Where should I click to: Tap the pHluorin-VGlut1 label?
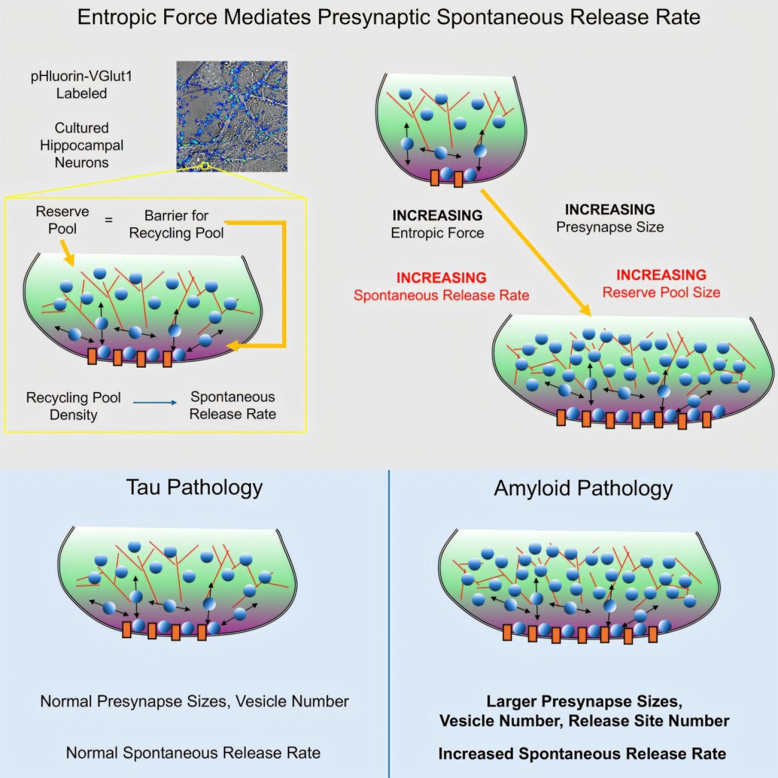pyautogui.click(x=82, y=76)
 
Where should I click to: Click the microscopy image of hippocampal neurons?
pyautogui.click(x=231, y=116)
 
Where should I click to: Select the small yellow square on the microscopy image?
pyautogui.click(x=205, y=166)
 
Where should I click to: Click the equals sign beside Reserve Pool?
pyautogui.click(x=108, y=220)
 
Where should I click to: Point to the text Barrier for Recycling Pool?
pyautogui.click(x=176, y=224)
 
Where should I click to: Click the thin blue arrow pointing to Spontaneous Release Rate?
pyautogui.click(x=155, y=403)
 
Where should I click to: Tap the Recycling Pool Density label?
pyautogui.click(x=73, y=406)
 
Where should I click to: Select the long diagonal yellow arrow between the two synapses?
pyautogui.click(x=535, y=252)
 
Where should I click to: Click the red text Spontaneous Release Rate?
pyautogui.click(x=441, y=295)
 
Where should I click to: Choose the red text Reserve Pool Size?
pyautogui.click(x=661, y=292)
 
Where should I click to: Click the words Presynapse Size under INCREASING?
pyautogui.click(x=610, y=227)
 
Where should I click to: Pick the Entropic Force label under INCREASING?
pyautogui.click(x=437, y=233)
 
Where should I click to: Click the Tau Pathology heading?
pyautogui.click(x=194, y=488)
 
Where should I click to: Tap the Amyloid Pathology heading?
pyautogui.click(x=583, y=489)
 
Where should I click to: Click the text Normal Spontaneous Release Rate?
pyautogui.click(x=193, y=753)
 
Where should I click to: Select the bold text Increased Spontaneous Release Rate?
pyautogui.click(x=582, y=754)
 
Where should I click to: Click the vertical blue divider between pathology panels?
pyautogui.click(x=388, y=624)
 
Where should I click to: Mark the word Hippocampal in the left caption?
pyautogui.click(x=82, y=145)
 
